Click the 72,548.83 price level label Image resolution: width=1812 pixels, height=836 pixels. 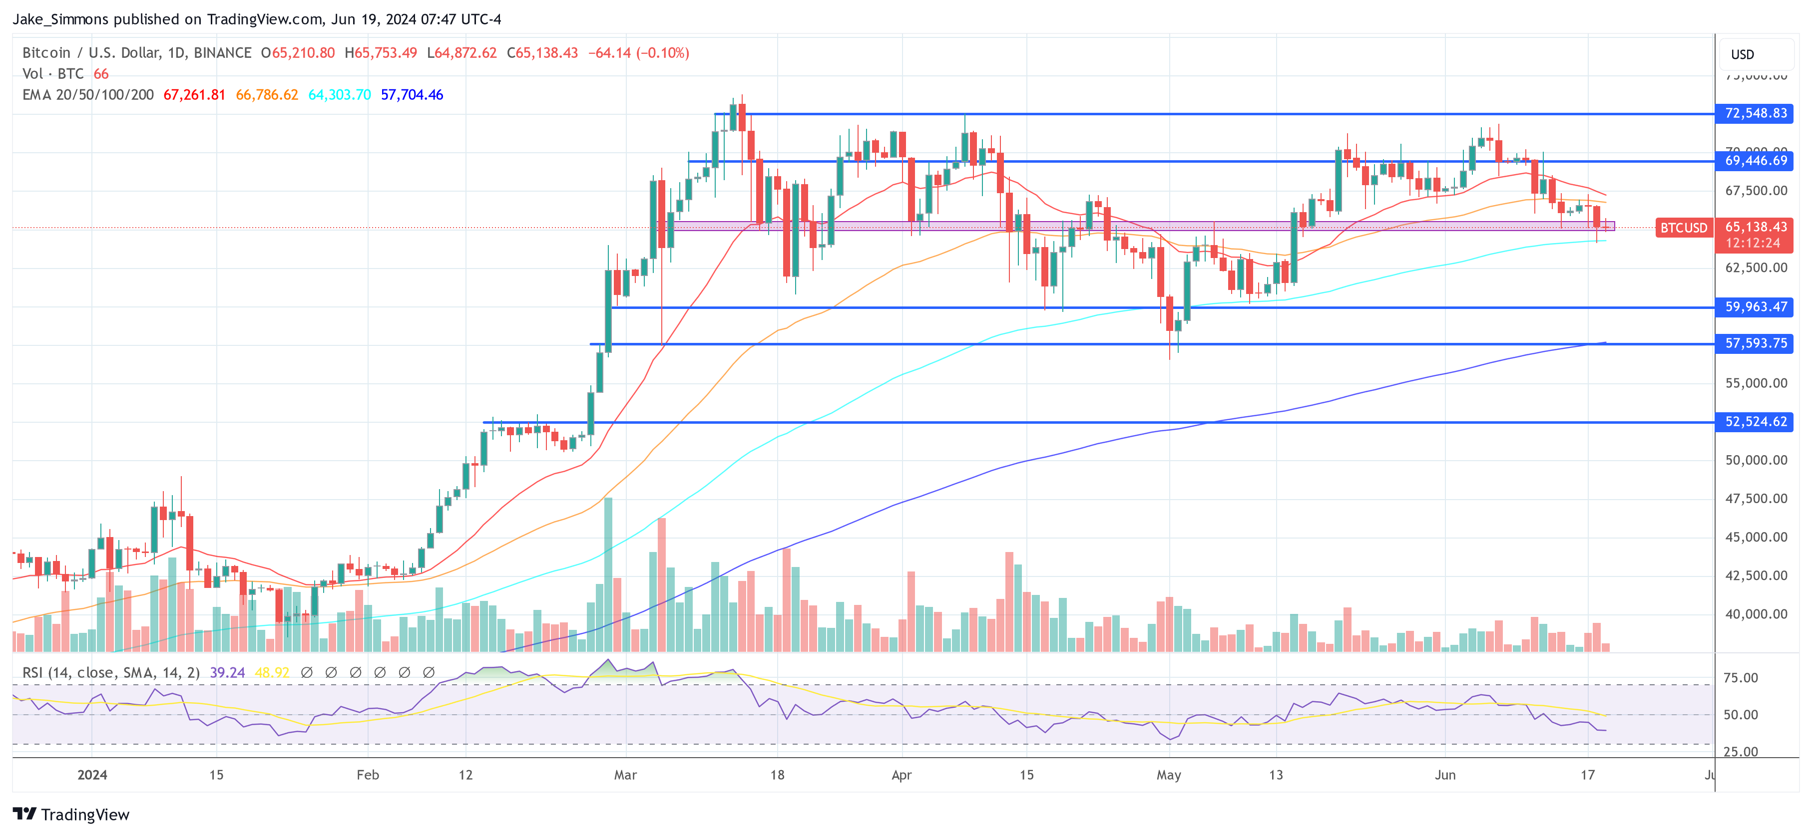coord(1755,113)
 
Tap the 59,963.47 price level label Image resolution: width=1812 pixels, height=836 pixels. coord(1755,307)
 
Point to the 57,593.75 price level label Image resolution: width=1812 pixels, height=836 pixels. coord(1755,344)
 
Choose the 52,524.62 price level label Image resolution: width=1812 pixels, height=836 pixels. coord(1755,422)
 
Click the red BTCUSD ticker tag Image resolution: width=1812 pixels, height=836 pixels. coord(1683,228)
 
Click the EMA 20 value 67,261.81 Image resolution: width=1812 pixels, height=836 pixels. coord(194,95)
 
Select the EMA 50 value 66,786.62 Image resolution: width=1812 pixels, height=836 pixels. coord(267,95)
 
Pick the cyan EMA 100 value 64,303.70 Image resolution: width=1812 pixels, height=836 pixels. coord(339,95)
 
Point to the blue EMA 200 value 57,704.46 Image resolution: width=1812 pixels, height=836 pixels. coord(412,95)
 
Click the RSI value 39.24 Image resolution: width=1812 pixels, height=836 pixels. coord(227,673)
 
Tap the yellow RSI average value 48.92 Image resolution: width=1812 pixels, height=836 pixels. coord(272,673)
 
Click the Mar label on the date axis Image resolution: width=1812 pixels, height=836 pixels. coord(625,775)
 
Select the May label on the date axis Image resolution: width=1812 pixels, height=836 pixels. coord(1168,775)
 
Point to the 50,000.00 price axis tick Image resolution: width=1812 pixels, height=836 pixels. coord(1756,461)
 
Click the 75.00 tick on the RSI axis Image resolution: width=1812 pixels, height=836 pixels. coord(1740,678)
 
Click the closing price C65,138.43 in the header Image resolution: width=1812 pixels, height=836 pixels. coord(542,53)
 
